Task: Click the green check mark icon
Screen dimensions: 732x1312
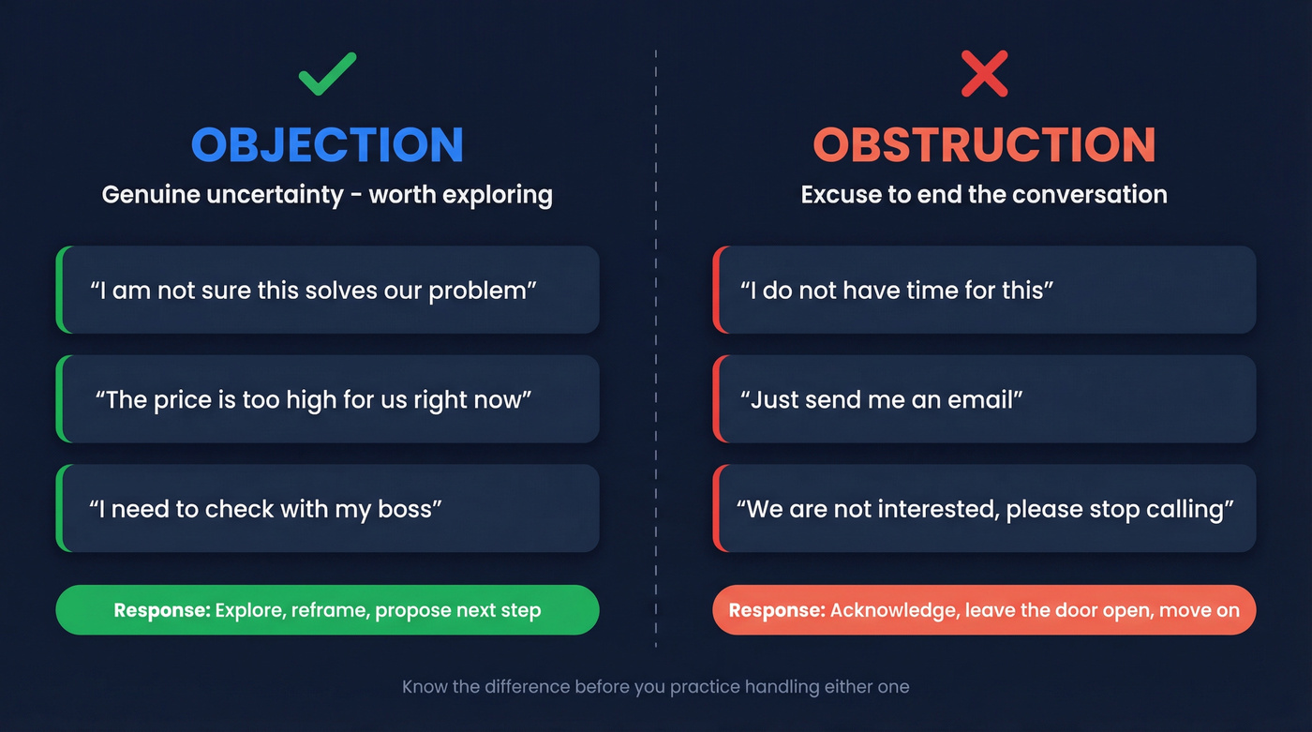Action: [x=327, y=75]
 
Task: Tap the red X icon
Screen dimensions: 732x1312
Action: [x=984, y=75]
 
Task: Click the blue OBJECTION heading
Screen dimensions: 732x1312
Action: [x=327, y=144]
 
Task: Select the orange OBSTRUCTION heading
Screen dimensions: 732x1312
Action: [x=984, y=144]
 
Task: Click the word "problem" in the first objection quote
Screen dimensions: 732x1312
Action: [x=485, y=291]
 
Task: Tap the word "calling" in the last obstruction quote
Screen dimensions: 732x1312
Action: [x=1187, y=510]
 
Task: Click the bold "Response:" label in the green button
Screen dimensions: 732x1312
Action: [x=162, y=611]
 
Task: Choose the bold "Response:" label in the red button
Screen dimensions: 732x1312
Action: [x=777, y=611]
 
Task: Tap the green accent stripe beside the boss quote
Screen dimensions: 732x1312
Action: [x=59, y=508]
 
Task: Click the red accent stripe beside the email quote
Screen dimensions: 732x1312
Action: [x=716, y=399]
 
